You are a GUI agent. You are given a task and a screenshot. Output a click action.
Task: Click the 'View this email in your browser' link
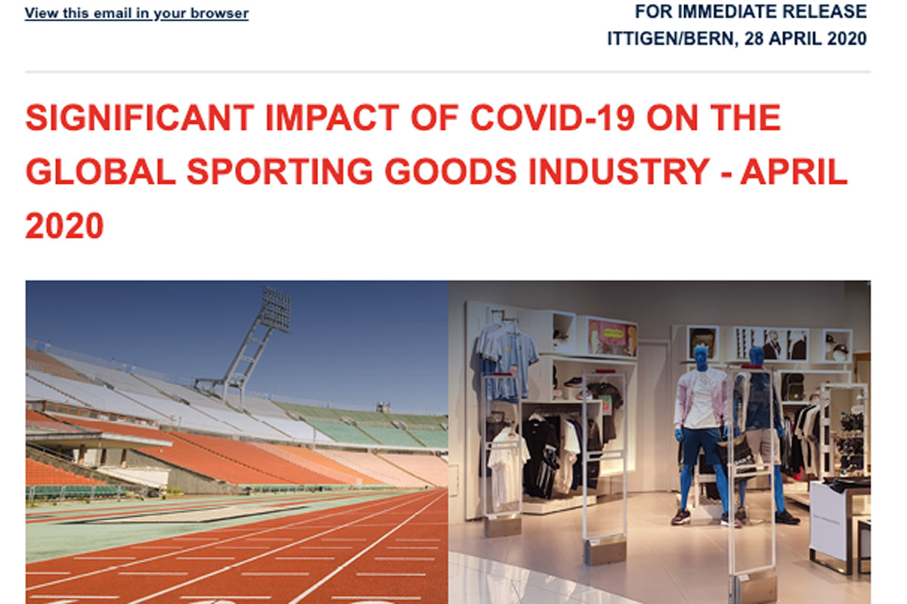(137, 14)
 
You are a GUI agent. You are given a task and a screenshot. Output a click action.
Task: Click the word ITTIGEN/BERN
(670, 39)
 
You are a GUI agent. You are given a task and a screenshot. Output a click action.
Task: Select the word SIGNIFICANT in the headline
(140, 118)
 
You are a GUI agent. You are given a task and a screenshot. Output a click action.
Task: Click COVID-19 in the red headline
(553, 118)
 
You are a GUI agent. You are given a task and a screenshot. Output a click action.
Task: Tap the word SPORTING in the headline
(280, 172)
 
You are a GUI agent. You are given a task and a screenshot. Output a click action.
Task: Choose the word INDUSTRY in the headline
(619, 172)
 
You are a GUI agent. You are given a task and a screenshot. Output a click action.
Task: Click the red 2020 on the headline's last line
(65, 225)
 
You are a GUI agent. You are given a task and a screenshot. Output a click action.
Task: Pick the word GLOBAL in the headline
(101, 172)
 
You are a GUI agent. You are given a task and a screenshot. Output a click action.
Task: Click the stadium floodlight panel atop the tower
(276, 308)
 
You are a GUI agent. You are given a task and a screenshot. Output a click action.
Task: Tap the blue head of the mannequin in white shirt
(701, 358)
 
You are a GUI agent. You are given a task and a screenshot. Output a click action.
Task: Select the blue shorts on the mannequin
(701, 445)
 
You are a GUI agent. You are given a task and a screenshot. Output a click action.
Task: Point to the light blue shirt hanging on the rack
(507, 357)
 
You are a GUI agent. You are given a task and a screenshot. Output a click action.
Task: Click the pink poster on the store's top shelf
(612, 337)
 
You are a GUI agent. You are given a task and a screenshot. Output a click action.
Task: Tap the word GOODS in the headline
(450, 172)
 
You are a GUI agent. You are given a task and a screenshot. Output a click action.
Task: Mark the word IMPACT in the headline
(333, 118)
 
